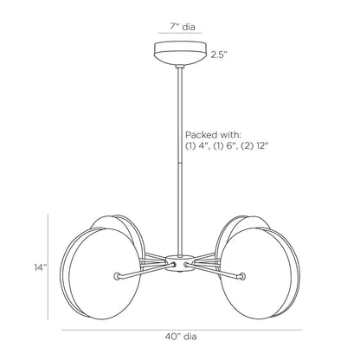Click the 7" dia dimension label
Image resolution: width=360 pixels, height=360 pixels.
[x=182, y=27]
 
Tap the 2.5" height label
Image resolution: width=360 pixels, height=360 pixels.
[x=219, y=55]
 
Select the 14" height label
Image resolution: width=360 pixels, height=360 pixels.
[x=41, y=267]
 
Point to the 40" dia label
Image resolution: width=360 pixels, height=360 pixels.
[x=181, y=337]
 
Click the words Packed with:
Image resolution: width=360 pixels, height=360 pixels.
[x=213, y=135]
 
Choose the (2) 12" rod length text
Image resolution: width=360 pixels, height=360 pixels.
[x=254, y=146]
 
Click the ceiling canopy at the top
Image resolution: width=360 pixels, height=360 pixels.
[x=180, y=54]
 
